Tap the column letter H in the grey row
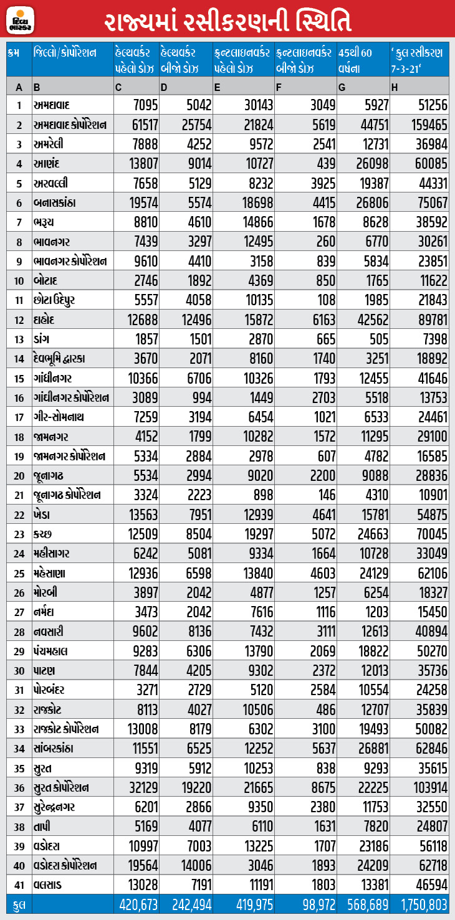[395, 86]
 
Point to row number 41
[19, 884]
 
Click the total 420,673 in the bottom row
[136, 904]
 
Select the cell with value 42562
[368, 320]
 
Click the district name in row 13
[42, 339]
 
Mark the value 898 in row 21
[261, 495]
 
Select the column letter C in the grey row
[118, 86]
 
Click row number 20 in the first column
[19, 476]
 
